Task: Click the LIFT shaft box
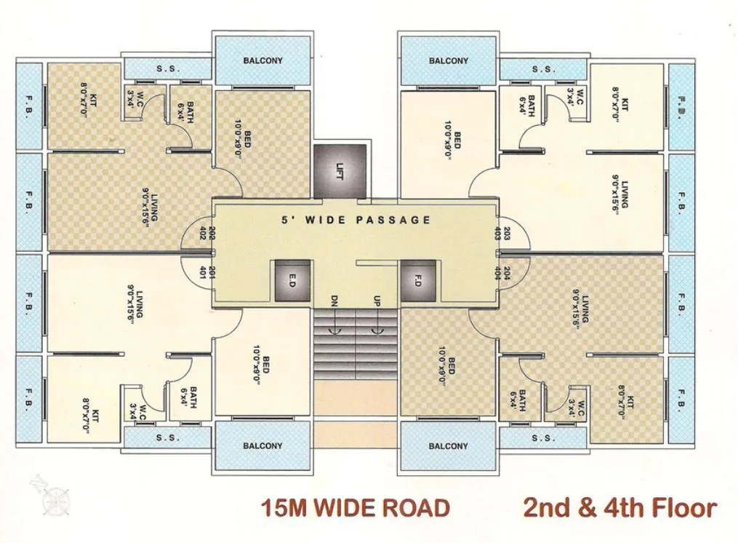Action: pyautogui.click(x=340, y=171)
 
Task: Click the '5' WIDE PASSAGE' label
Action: pyautogui.click(x=356, y=220)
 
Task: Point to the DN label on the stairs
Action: pyautogui.click(x=334, y=301)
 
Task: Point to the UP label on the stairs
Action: pyautogui.click(x=377, y=301)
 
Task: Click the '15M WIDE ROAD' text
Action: pyautogui.click(x=356, y=507)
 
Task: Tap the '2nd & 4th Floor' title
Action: pyautogui.click(x=619, y=507)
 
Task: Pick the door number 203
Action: pyautogui.click(x=506, y=234)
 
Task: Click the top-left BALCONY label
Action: pyautogui.click(x=262, y=60)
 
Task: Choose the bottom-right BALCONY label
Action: pyautogui.click(x=449, y=445)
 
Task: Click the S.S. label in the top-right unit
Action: pyautogui.click(x=543, y=69)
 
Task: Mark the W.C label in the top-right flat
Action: pyautogui.click(x=574, y=96)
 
